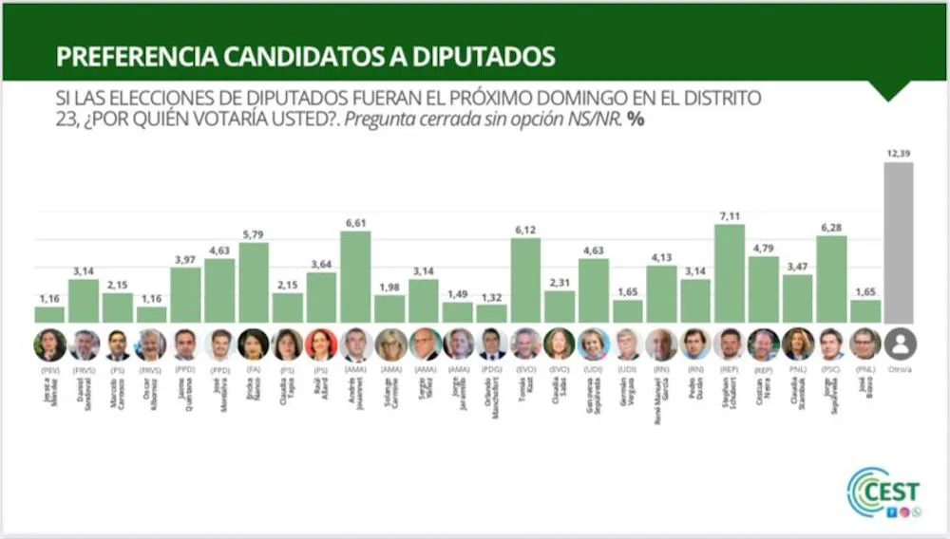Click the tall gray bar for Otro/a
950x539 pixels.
pos(899,243)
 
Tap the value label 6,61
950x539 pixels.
pos(355,223)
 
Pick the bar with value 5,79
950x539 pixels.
pos(253,283)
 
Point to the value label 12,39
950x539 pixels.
pos(899,154)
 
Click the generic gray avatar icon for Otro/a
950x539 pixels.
pos(899,344)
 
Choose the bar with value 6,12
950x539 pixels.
pos(525,280)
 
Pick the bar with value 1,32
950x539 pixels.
pos(491,313)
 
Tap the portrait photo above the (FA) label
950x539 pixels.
pos(254,344)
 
